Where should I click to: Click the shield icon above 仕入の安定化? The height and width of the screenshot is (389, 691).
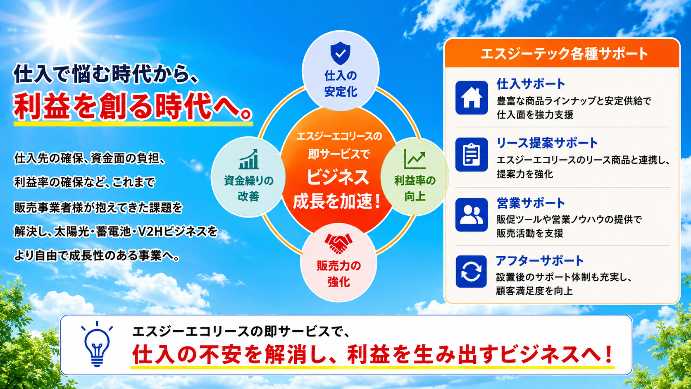(x=340, y=53)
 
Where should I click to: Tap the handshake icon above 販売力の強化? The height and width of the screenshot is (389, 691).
(x=338, y=243)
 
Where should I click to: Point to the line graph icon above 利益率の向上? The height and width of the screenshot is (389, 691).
(x=415, y=159)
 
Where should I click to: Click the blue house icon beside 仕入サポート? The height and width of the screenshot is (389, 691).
(x=472, y=98)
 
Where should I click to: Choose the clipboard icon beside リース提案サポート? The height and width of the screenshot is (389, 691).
(x=472, y=155)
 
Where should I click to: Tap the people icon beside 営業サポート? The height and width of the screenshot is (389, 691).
(x=472, y=215)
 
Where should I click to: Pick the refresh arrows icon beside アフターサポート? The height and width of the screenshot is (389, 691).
(x=471, y=272)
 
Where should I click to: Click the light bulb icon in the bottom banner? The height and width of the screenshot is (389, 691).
(x=97, y=344)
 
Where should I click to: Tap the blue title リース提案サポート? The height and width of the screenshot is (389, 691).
(x=547, y=143)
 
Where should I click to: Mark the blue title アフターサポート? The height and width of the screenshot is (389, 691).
(x=540, y=261)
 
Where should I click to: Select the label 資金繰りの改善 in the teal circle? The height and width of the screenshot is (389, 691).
(x=249, y=188)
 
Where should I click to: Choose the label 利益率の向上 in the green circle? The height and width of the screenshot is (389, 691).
(x=415, y=188)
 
